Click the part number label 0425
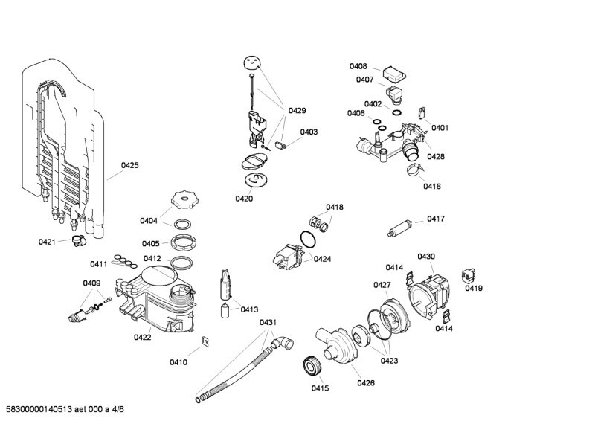click(129, 165)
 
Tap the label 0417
click(436, 219)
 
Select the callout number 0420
click(244, 199)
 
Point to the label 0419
click(474, 288)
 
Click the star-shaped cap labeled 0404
click(185, 199)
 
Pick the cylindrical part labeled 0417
click(400, 228)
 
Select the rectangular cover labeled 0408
click(394, 74)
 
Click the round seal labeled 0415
click(313, 366)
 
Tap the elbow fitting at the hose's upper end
click(282, 343)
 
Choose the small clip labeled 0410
click(206, 341)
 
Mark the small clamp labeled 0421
click(79, 241)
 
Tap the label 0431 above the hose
click(268, 322)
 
